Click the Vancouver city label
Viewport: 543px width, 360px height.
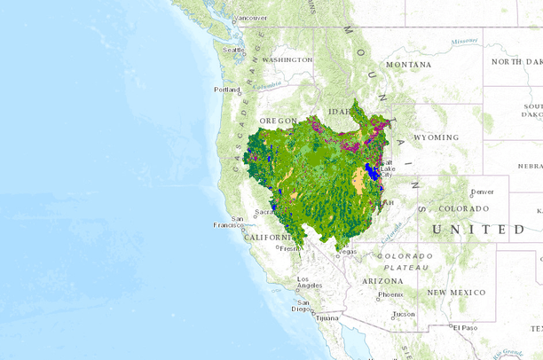[251, 18]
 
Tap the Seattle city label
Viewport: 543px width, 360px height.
[233, 50]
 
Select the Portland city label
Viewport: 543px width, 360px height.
[227, 90]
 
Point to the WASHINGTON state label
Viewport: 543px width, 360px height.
[287, 59]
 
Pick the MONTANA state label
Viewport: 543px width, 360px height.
[408, 65]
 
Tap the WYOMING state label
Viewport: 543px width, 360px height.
[437, 137]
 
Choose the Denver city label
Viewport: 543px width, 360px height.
[483, 192]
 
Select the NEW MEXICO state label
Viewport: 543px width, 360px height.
[456, 292]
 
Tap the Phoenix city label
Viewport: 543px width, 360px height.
[390, 294]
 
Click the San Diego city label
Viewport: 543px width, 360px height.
[304, 309]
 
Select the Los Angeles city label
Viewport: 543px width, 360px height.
[310, 284]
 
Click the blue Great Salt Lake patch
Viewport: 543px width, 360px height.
[373, 171]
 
